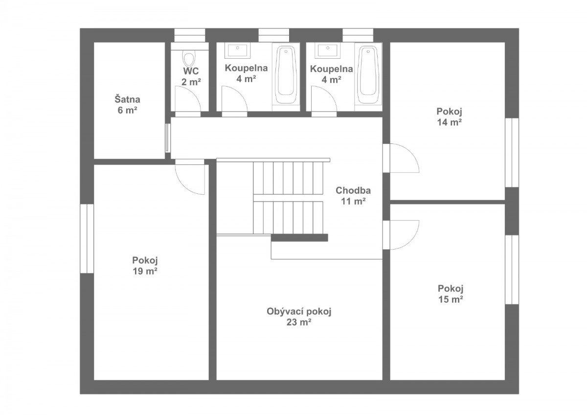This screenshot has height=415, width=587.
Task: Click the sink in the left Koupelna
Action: [x=237, y=50]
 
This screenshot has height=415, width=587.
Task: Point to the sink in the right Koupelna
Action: [x=328, y=50]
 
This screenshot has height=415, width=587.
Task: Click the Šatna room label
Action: [x=127, y=100]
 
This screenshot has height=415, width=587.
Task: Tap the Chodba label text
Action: [x=353, y=190]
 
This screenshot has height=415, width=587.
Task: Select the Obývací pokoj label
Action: [x=299, y=312]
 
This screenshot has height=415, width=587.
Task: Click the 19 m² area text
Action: [x=145, y=271]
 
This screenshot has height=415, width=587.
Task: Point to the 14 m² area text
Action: [x=449, y=122]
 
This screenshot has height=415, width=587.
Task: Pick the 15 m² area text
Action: [x=451, y=299]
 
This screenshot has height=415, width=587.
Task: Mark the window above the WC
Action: [x=190, y=35]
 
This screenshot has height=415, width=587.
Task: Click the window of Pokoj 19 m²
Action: [x=87, y=238]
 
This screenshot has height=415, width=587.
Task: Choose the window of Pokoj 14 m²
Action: [x=512, y=153]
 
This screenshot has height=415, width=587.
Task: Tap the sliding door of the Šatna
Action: [x=168, y=138]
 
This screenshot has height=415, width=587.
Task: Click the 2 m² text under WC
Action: [x=191, y=82]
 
